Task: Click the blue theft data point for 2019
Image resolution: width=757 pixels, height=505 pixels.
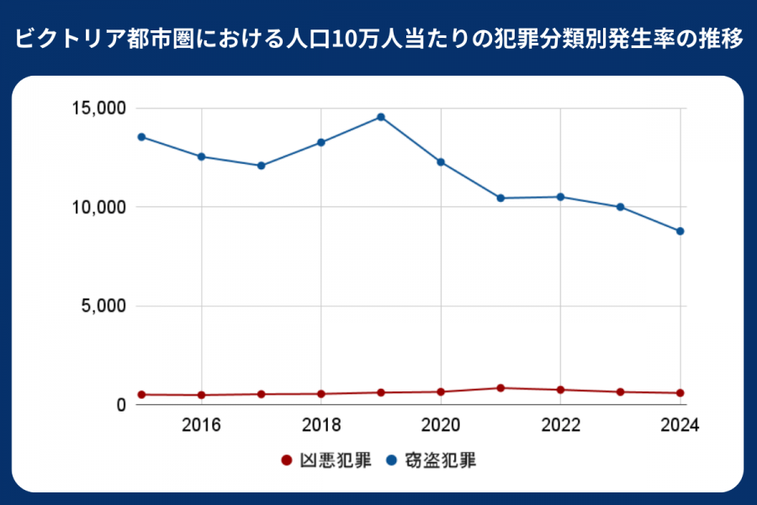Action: (x=381, y=117)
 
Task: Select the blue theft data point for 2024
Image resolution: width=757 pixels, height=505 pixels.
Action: (x=680, y=231)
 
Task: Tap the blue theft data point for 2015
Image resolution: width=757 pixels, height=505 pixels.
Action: (x=141, y=136)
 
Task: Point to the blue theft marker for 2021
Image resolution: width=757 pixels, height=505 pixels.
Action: (x=500, y=198)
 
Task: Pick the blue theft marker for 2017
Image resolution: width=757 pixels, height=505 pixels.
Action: (x=261, y=166)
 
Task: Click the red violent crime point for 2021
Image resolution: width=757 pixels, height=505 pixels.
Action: (x=500, y=388)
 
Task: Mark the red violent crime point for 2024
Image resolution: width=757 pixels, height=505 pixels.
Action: (x=680, y=393)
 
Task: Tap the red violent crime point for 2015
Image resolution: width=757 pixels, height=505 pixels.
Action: (x=141, y=395)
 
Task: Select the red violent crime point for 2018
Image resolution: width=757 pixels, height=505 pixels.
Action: (x=321, y=394)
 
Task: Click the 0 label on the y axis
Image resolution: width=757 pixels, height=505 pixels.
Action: (x=120, y=405)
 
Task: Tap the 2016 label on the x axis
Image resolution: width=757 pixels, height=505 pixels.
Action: (x=201, y=423)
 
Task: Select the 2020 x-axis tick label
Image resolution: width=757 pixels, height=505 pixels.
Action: (x=441, y=423)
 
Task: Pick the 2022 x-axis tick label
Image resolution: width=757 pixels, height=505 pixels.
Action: (x=560, y=423)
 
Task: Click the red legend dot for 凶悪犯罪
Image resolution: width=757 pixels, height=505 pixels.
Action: (x=287, y=460)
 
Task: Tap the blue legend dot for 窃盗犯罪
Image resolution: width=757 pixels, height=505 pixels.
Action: (x=392, y=460)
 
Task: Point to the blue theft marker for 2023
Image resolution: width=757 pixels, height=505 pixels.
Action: (x=620, y=207)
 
